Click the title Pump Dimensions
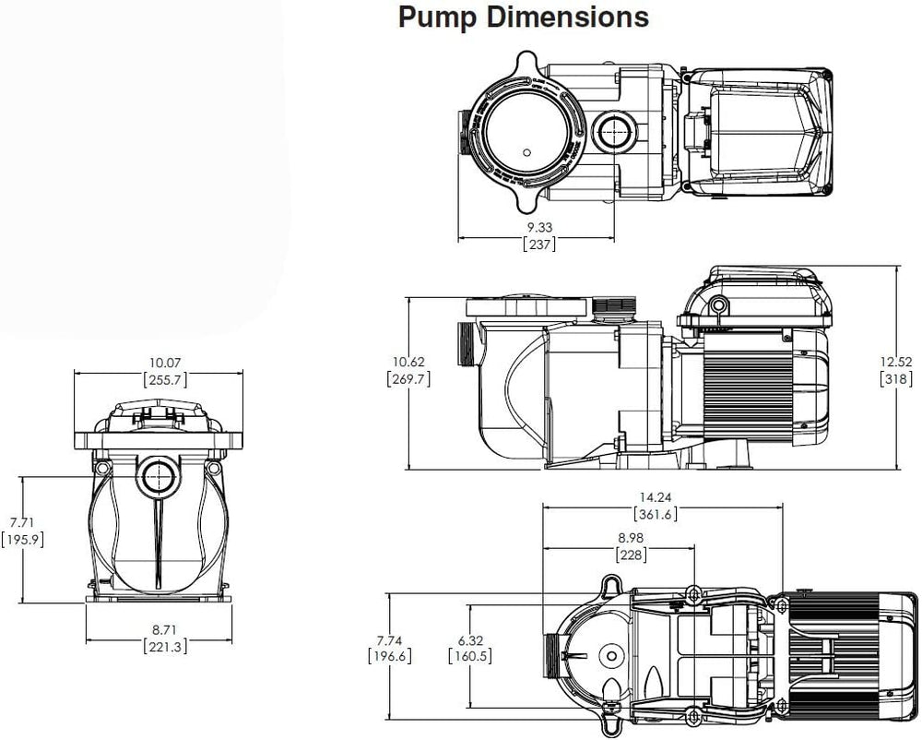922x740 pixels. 523,18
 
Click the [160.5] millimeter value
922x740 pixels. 467,656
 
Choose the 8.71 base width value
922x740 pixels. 166,629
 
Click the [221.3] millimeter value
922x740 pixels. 166,647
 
